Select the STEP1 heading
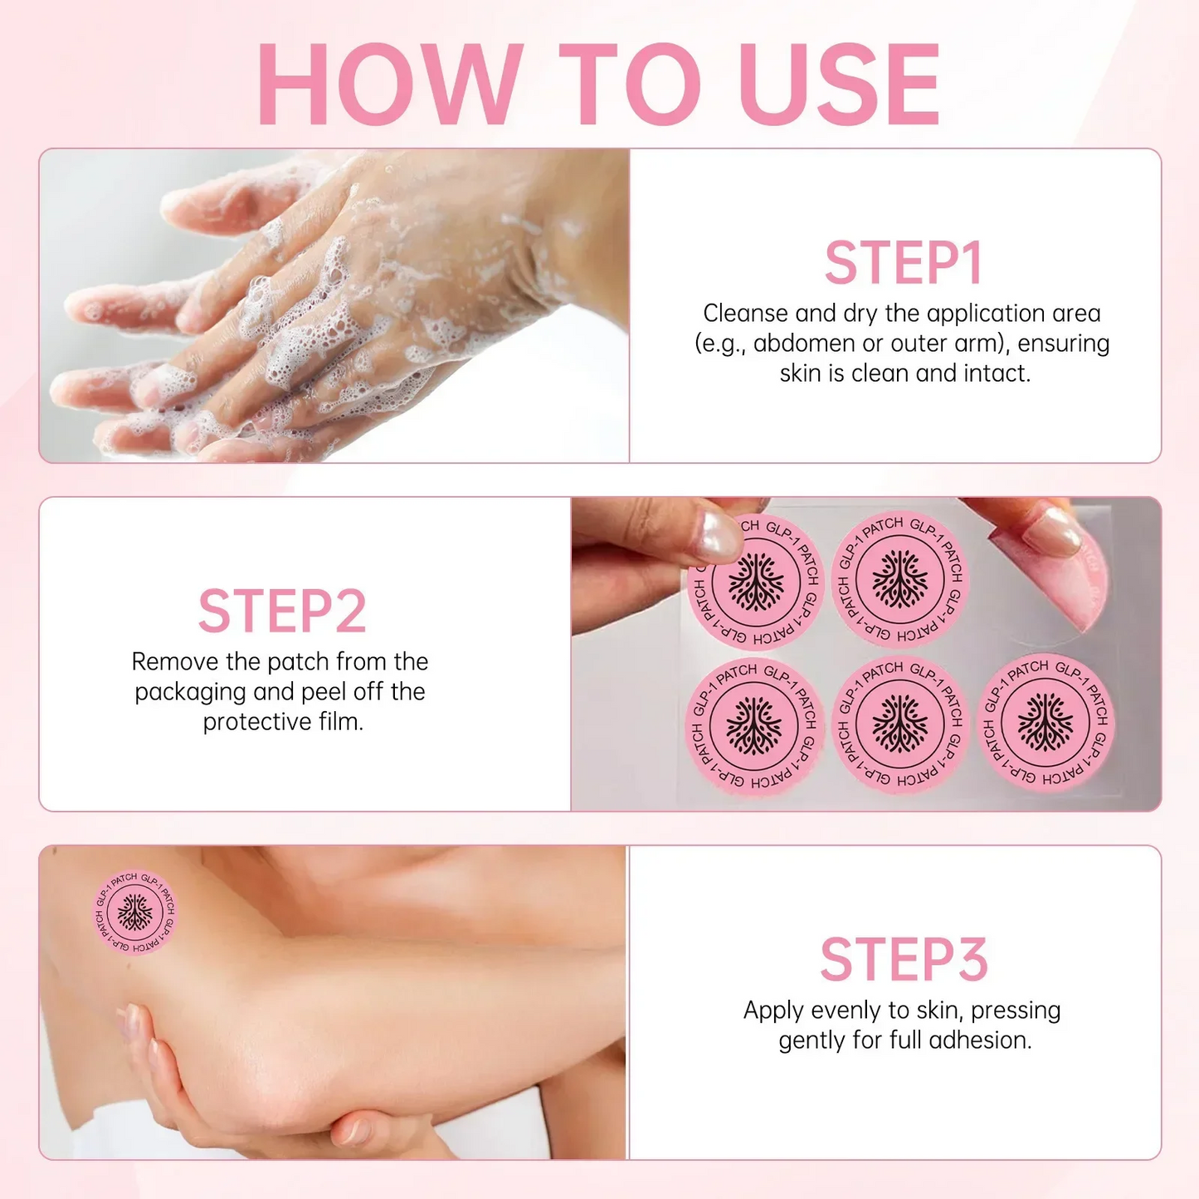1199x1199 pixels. [x=904, y=264]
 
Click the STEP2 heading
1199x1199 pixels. [x=282, y=612]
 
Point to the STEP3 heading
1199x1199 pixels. [x=904, y=960]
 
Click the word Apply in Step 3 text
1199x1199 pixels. [x=773, y=1011]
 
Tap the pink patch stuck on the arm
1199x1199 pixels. [x=134, y=912]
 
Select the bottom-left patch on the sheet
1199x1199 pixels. [x=754, y=727]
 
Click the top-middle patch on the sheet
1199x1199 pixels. [x=900, y=578]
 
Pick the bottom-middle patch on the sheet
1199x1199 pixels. [x=900, y=724]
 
